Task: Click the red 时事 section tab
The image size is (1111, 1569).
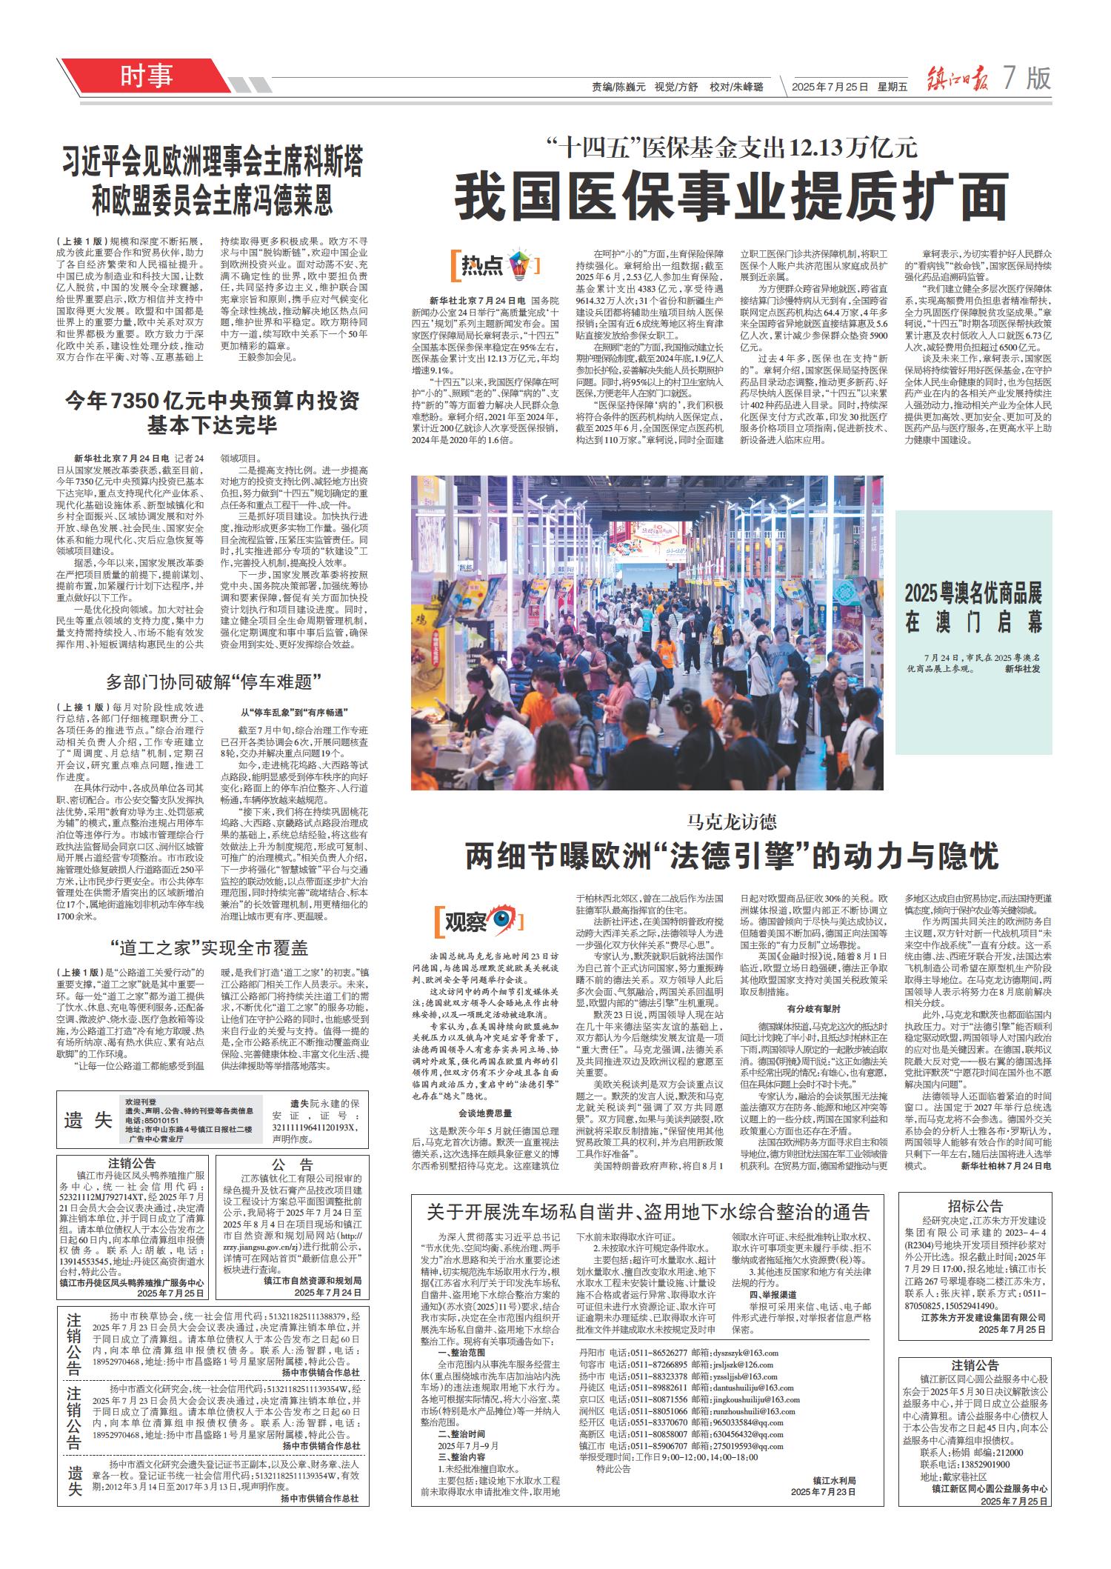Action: tap(146, 76)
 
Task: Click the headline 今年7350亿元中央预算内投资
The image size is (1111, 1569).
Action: tap(211, 401)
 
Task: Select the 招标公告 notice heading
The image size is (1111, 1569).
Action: tap(975, 1205)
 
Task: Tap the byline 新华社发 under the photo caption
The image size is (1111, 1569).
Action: tap(1023, 668)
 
